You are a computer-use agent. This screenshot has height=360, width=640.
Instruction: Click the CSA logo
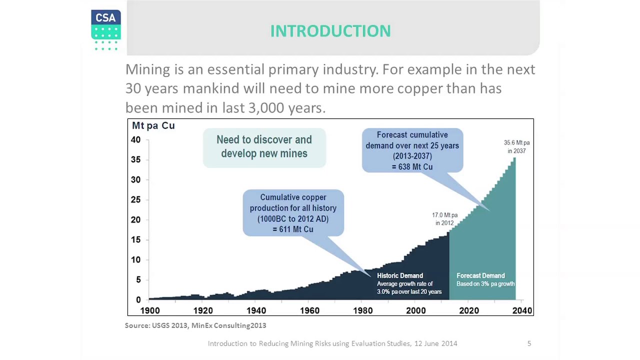(105, 29)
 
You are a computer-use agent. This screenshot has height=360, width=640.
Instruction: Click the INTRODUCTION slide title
(330, 31)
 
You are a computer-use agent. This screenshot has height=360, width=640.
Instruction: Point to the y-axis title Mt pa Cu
(153, 125)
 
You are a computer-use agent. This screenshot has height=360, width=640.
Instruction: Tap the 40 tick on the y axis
(135, 140)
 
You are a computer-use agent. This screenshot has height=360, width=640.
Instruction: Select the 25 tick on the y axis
(135, 200)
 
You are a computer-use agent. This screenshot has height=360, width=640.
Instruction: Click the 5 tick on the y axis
(138, 280)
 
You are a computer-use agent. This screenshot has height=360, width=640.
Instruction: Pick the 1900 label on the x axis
(150, 310)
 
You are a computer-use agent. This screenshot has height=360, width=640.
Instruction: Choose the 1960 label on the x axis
(309, 310)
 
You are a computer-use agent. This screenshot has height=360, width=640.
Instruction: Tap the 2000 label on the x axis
(416, 310)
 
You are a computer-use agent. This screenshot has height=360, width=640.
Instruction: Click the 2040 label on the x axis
(522, 310)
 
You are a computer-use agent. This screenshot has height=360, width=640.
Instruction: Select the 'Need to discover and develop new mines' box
(264, 147)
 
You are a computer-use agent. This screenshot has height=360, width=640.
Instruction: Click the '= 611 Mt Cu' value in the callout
(293, 229)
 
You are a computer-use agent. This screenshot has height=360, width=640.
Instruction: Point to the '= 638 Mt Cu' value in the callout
(412, 167)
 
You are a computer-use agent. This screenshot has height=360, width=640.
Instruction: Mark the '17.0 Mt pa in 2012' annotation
(444, 219)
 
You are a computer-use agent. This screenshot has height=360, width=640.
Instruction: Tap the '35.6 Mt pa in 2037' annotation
(516, 147)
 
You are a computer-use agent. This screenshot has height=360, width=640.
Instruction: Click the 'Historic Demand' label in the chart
(399, 275)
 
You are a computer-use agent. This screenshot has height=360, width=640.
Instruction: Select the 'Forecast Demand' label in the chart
(480, 275)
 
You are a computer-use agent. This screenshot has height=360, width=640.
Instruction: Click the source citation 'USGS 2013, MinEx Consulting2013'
(208, 325)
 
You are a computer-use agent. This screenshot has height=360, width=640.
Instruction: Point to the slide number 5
(529, 343)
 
